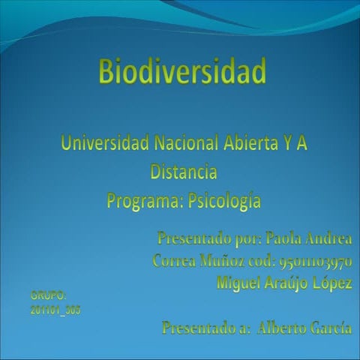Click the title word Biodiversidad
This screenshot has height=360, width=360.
182,73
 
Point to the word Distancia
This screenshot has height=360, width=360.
184,172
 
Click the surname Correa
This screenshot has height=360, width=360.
173,262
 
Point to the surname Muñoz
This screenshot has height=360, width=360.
223,262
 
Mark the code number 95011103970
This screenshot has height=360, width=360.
315,262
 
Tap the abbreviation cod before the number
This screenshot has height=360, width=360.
265,262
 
